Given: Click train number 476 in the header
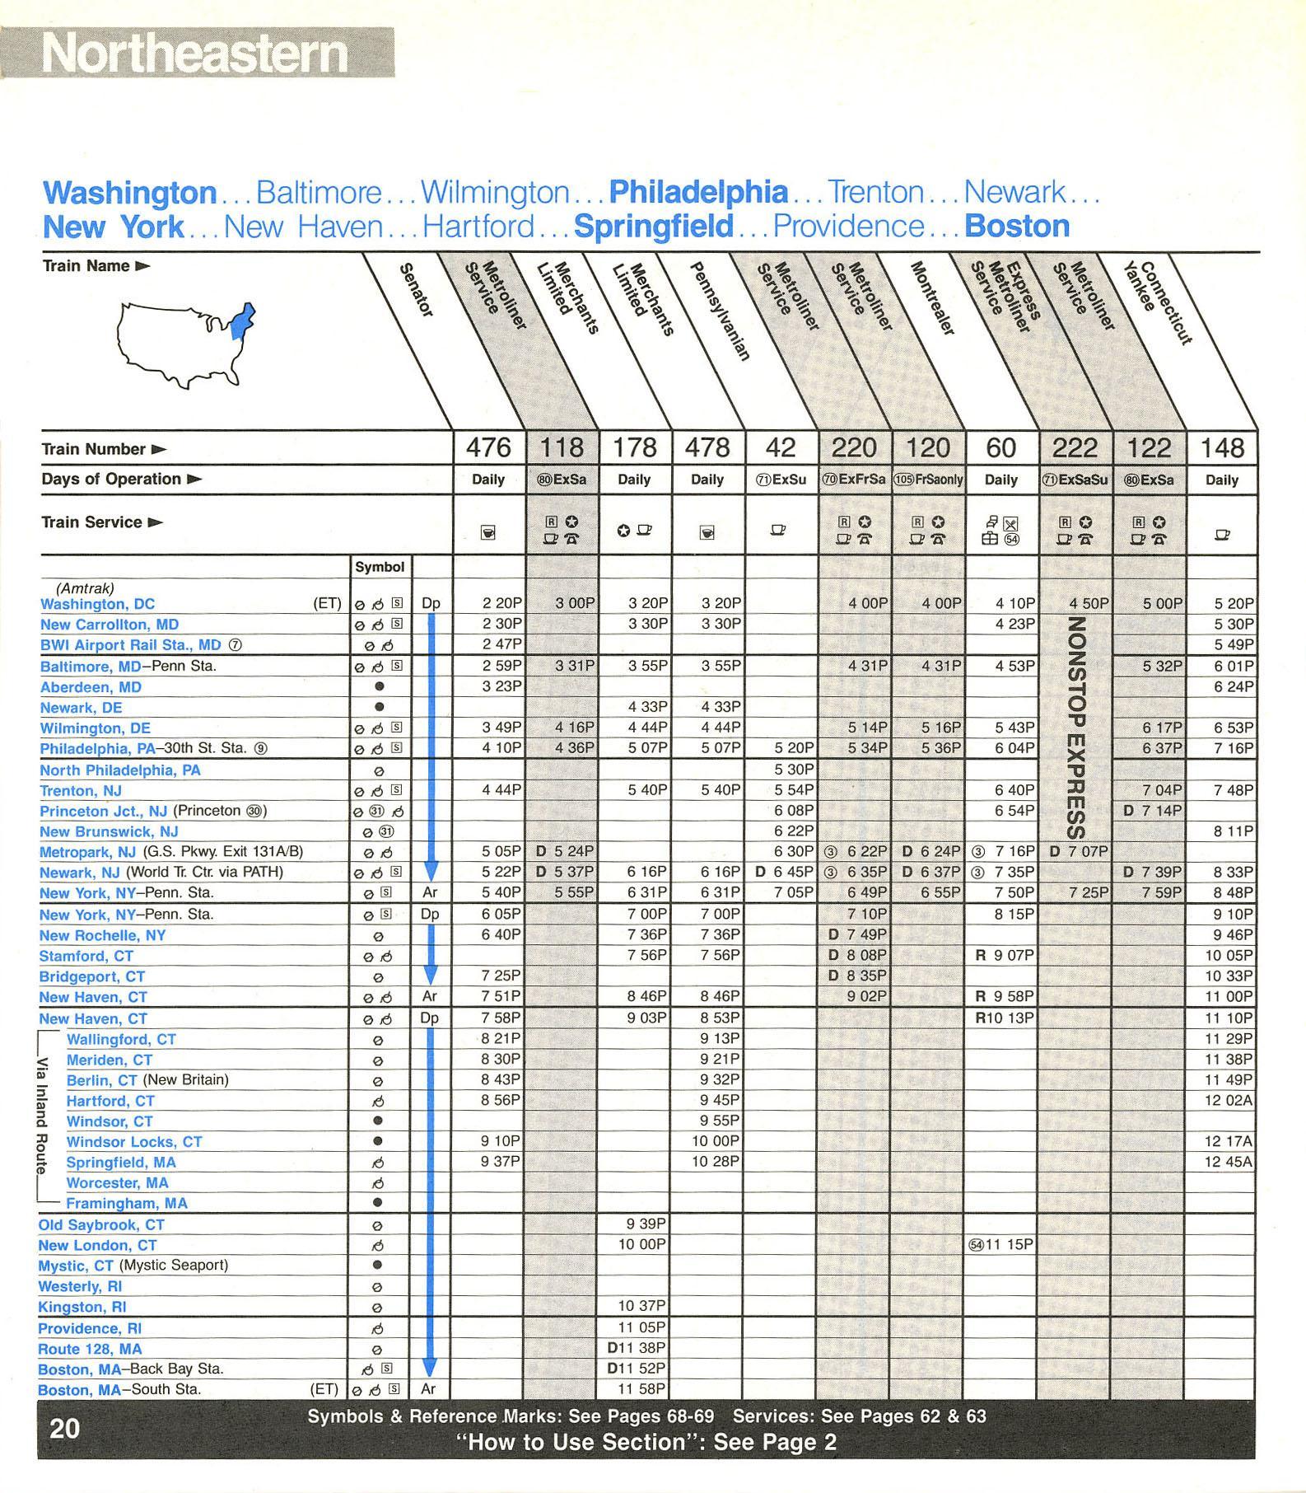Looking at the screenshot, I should (488, 447).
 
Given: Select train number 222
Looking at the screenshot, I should (1075, 447).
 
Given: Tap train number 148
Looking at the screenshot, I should (1222, 447).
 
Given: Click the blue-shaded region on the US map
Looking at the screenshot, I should (242, 321).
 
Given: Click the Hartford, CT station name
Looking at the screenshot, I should (110, 1101).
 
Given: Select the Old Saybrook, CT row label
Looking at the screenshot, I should (101, 1224).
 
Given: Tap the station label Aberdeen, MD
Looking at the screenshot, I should (91, 687).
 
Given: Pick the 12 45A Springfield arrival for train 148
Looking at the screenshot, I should (1229, 1162).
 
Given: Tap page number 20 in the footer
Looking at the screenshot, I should (65, 1428).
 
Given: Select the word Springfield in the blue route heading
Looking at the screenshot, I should (653, 226).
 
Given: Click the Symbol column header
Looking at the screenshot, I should (380, 567).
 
